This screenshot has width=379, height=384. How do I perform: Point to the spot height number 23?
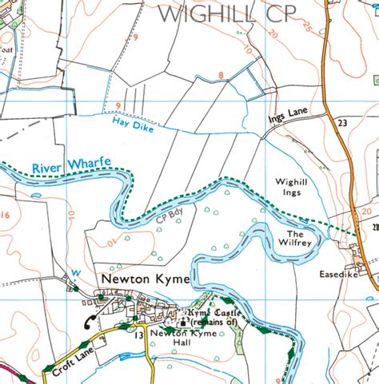[341, 124]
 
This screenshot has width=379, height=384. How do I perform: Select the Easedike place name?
[333, 272]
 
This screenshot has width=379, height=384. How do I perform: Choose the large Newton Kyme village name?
[145, 279]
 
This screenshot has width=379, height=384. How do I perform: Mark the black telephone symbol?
[90, 322]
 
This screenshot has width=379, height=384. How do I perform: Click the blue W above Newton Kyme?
[77, 272]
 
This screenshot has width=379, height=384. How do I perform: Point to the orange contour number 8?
[220, 76]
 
